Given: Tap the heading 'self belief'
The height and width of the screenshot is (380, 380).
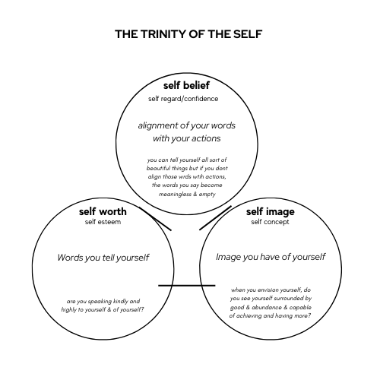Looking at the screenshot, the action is click(186, 85).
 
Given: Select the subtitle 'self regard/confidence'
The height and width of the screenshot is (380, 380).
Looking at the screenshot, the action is click(183, 99).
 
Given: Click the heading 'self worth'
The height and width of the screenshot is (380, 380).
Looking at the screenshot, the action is click(103, 211).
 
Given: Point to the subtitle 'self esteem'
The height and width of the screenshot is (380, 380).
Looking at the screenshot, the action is click(103, 222).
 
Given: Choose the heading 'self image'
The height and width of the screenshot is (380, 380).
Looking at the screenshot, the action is click(271, 212).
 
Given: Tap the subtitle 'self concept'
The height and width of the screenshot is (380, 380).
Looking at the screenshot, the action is click(270, 222).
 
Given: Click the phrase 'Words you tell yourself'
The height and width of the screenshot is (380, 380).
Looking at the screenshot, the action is click(103, 258).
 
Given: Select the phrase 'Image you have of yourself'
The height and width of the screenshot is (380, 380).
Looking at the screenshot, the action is click(271, 257).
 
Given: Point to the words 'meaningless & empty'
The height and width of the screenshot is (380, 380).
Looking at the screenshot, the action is click(187, 195).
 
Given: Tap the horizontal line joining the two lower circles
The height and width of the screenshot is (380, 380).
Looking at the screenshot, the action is click(187, 286).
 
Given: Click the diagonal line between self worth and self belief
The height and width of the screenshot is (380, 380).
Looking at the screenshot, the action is click(155, 219).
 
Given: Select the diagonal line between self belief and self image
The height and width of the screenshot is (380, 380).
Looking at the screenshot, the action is click(215, 218).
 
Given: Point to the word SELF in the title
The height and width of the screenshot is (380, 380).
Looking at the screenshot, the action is click(248, 34).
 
